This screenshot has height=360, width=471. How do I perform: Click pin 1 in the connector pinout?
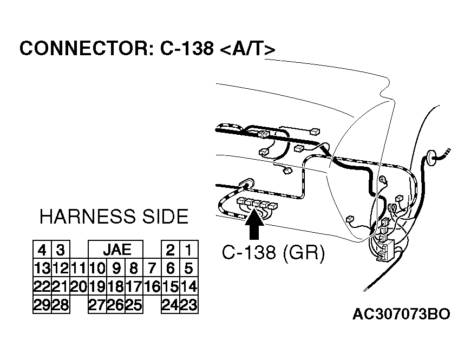click(188, 250)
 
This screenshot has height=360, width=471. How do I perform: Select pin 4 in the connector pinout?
click(42, 250)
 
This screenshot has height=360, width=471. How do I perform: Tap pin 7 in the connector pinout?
click(152, 268)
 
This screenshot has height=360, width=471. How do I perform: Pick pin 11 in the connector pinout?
click(78, 268)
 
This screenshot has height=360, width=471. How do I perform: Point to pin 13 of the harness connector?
click(42, 268)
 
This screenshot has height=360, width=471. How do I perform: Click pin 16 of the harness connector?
click(152, 286)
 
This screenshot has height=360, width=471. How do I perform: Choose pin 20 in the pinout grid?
click(78, 286)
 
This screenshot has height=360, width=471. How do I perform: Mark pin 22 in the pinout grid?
click(42, 286)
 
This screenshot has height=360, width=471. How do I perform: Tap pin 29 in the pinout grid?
click(42, 305)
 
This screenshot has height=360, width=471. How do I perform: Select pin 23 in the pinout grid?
click(188, 305)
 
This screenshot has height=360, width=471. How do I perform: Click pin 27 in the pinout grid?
click(97, 305)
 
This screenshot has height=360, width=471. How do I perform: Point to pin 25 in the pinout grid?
click(133, 305)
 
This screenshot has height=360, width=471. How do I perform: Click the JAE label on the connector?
click(116, 250)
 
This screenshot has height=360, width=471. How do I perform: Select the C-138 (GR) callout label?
click(273, 253)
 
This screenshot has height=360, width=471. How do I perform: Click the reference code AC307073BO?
click(401, 315)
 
